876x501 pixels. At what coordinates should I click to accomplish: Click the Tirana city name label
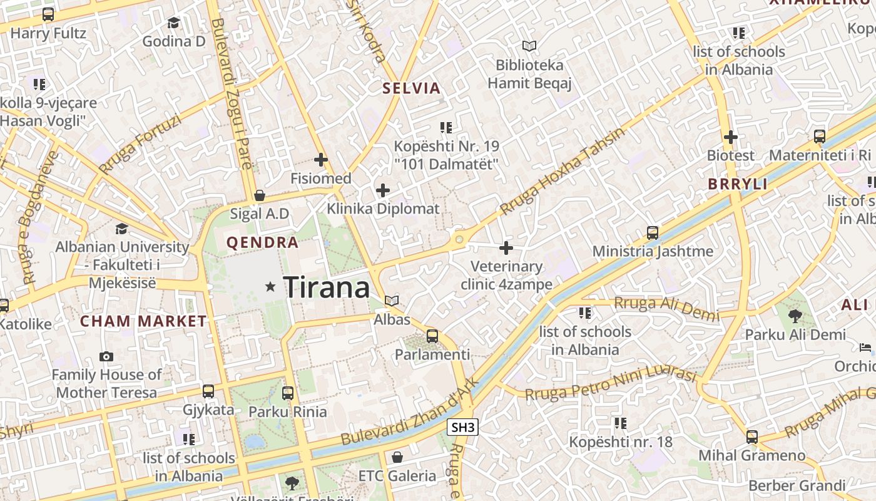327,287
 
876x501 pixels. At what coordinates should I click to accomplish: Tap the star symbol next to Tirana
270,287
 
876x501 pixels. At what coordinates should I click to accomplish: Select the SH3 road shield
464,428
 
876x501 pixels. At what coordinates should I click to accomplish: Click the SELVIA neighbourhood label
412,88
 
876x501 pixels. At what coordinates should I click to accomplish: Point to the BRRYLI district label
738,184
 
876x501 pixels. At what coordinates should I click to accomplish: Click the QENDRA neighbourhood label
262,243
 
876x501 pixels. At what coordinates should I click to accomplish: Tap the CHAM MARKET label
143,322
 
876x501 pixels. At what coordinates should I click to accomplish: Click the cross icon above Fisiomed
321,160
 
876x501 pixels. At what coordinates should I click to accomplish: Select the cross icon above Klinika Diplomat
383,190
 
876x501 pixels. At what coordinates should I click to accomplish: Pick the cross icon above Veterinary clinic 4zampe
506,248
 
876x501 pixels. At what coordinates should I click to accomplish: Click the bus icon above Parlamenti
432,336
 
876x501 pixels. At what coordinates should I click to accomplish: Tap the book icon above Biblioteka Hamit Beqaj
529,46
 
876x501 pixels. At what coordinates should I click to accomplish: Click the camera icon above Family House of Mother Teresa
106,356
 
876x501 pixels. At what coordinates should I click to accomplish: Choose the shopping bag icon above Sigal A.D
259,195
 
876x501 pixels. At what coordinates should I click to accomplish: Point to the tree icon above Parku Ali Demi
795,316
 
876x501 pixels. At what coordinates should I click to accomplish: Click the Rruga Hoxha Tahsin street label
563,172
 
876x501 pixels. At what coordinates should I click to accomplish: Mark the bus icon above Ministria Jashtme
653,233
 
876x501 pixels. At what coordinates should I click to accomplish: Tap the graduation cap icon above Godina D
173,23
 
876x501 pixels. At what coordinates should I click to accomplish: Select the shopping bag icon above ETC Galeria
397,457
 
